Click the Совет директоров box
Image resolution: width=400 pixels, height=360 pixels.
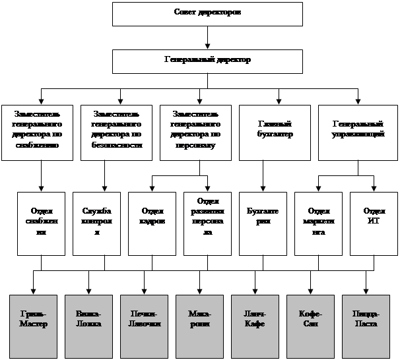(207, 13)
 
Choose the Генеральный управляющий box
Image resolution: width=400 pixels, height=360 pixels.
(357, 132)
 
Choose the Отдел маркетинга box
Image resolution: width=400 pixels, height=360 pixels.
(319, 223)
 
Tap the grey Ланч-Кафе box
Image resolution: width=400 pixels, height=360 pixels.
(255, 322)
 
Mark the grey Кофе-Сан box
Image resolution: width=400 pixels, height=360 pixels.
(310, 322)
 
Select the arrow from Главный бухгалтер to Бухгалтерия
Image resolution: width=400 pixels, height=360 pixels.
(263, 175)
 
